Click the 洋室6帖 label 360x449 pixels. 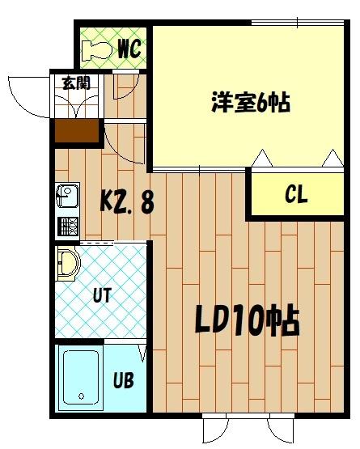pyautogui.click(x=251, y=103)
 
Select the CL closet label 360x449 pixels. pyautogui.click(x=296, y=195)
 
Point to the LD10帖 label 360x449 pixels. pyautogui.click(x=247, y=322)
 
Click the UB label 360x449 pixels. pyautogui.click(x=123, y=379)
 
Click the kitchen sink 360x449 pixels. pyautogui.click(x=66, y=197)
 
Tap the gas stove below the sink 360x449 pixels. pyautogui.click(x=66, y=225)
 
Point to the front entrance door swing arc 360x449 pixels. pyautogui.click(x=24, y=95)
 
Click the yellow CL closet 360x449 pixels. pyautogui.click(x=296, y=195)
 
